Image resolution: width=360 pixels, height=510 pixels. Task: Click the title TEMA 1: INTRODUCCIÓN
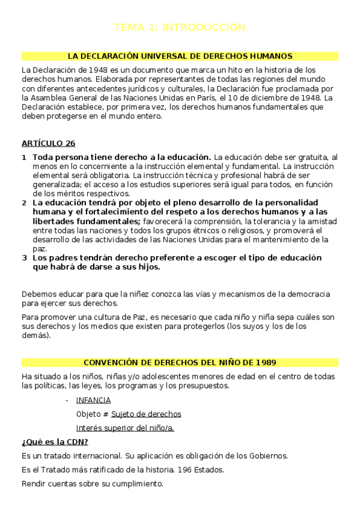(180, 27)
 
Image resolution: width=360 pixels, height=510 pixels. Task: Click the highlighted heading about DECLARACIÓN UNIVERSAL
(180, 56)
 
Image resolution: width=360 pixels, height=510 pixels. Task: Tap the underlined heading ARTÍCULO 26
(48, 143)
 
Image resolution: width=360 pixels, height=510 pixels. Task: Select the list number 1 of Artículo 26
(24, 157)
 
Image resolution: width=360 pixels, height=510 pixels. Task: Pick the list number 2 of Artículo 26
(24, 203)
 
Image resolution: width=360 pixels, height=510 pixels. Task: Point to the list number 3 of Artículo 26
(24, 257)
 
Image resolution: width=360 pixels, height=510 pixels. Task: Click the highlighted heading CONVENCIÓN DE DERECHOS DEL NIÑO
(180, 363)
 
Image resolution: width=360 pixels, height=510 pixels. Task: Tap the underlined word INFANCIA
(93, 400)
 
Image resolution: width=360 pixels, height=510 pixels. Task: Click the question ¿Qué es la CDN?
(55, 442)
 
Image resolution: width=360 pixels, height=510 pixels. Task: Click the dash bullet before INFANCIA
(66, 400)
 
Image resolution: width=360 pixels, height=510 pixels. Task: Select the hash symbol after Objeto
(106, 414)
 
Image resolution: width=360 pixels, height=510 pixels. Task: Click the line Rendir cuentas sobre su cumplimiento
(92, 484)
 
